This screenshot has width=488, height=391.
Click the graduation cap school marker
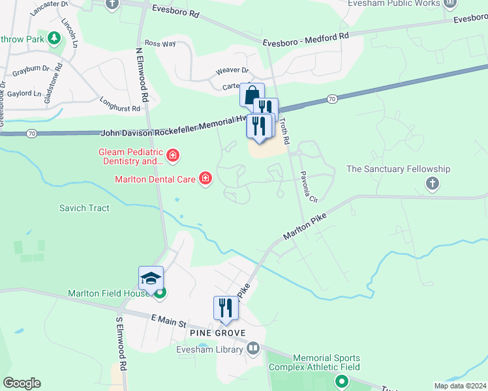(x=151, y=278)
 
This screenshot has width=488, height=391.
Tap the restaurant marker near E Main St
(x=226, y=308)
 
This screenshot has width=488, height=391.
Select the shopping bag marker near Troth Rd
(x=251, y=94)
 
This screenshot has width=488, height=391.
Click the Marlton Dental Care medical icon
(x=206, y=179)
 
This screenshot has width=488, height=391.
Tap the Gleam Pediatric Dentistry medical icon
(x=173, y=155)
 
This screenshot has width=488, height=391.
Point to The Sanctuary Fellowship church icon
(x=432, y=184)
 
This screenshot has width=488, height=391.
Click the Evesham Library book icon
(x=253, y=349)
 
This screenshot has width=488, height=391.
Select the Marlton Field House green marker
(x=159, y=293)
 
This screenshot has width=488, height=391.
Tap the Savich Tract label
(x=84, y=209)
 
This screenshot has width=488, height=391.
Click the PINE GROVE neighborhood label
(x=217, y=333)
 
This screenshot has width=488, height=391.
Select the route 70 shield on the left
(x=31, y=133)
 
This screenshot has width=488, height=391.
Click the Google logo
(x=22, y=383)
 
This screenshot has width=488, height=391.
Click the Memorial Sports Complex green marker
(x=340, y=381)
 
